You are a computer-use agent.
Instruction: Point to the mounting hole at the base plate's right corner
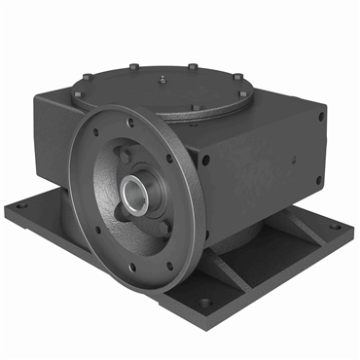pos(336,228)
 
